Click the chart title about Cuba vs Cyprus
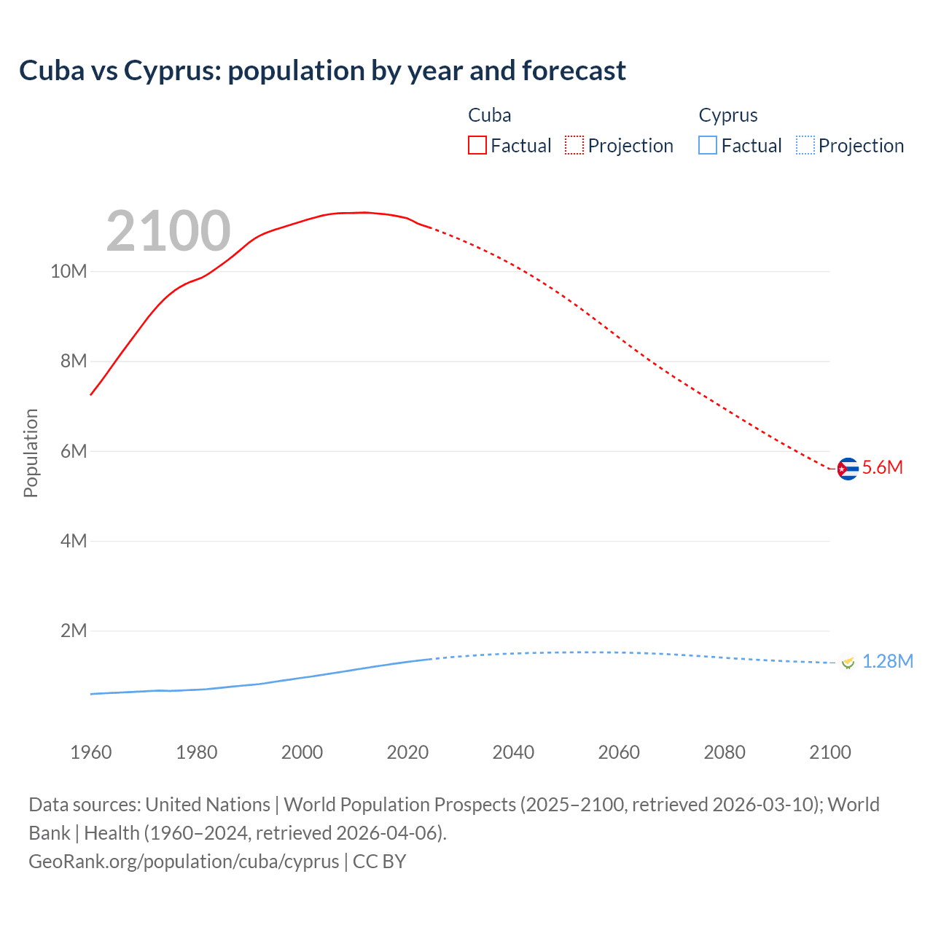[322, 71]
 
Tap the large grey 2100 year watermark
[168, 231]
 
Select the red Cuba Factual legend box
[477, 145]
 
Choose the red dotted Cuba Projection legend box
[574, 145]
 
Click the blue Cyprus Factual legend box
[707, 145]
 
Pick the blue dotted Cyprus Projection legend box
[805, 145]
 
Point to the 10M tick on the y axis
[69, 272]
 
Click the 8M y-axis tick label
[73, 362]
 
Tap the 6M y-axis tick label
[73, 451]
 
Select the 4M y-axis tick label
[73, 541]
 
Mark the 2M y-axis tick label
[73, 631]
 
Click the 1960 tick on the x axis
[91, 752]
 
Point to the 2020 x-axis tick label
[407, 752]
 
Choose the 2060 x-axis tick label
[619, 752]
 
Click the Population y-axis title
[31, 453]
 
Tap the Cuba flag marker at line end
[847, 469]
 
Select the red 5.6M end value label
[882, 468]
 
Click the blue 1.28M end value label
[887, 661]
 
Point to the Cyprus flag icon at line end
[847, 663]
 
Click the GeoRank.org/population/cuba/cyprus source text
[184, 862]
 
